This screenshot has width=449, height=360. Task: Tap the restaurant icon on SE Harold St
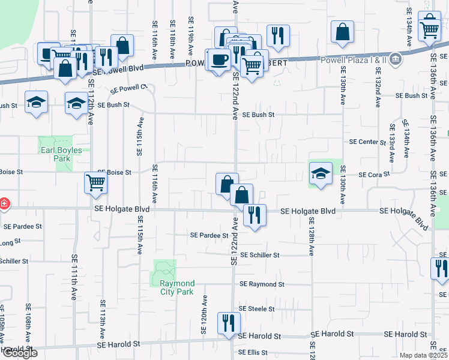click(228, 323)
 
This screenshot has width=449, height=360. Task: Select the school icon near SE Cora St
click(321, 173)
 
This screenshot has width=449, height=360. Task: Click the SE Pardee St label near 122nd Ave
click(209, 236)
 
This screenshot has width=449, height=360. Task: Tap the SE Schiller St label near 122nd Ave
click(259, 255)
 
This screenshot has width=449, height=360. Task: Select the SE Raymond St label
click(262, 284)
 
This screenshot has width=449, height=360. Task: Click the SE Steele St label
click(256, 309)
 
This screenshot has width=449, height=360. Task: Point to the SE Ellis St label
click(253, 352)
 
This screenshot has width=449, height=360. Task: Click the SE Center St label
click(367, 142)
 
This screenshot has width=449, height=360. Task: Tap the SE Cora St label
click(374, 175)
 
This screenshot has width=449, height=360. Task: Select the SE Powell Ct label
click(128, 88)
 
